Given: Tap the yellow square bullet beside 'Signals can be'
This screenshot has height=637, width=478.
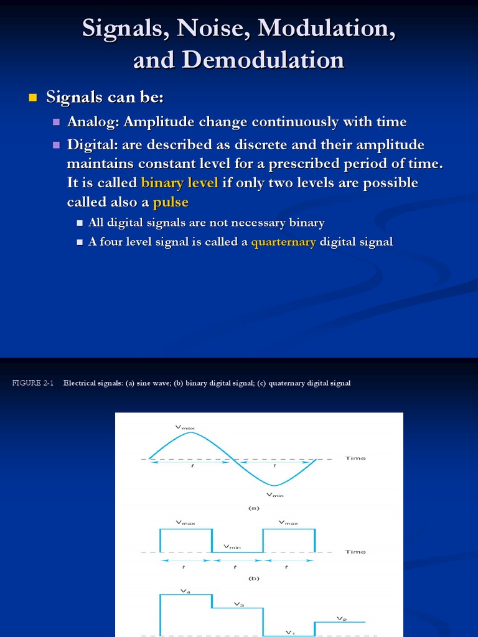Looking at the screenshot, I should (34, 98).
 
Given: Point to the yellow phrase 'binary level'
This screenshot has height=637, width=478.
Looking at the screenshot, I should (180, 183).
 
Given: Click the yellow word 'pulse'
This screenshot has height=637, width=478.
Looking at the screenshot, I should (171, 202).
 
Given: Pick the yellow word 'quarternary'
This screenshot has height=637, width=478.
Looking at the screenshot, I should (283, 242).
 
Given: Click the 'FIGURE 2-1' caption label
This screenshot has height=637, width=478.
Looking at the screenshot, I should (33, 383).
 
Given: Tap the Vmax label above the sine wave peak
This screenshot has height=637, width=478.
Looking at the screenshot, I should (185, 427).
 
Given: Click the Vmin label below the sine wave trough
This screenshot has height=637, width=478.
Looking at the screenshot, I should (274, 495).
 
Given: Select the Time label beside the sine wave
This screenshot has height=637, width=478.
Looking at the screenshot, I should (355, 458).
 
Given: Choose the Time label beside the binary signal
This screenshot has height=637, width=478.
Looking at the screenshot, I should (355, 552).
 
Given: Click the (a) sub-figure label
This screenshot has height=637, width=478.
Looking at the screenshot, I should (253, 508).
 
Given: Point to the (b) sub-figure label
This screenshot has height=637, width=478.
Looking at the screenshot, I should (253, 579).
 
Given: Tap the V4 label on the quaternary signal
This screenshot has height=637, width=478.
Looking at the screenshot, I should (185, 591).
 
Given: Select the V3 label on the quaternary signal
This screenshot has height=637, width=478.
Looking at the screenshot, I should (238, 604).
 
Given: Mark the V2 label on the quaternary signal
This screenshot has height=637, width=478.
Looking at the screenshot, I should (341, 618).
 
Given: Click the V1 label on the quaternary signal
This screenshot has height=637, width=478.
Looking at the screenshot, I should (289, 632).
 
